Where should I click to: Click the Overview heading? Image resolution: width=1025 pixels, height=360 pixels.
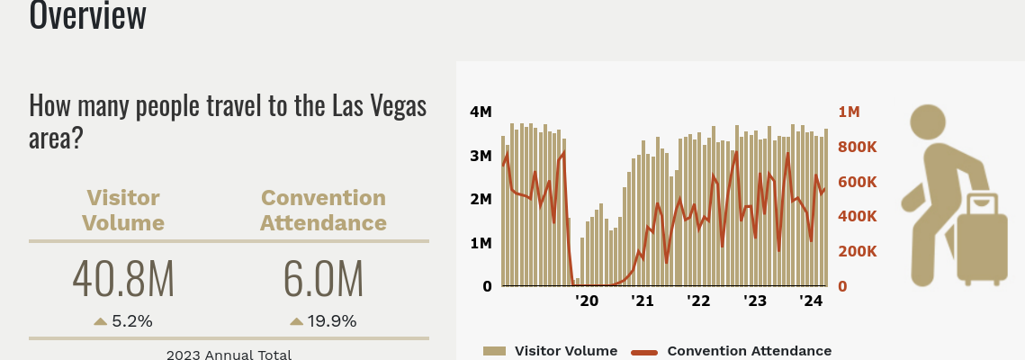[87, 14]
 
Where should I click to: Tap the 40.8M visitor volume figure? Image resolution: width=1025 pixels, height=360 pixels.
[123, 280]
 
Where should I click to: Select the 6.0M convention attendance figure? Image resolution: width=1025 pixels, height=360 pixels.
[323, 280]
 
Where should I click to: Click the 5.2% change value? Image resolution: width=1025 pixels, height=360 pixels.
[132, 321]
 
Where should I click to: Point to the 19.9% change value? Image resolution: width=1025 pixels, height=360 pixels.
[333, 321]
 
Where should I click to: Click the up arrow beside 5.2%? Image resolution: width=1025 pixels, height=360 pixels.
[100, 321]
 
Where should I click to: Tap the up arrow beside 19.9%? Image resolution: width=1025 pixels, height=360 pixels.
[296, 321]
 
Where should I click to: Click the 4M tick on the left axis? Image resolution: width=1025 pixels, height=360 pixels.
[481, 112]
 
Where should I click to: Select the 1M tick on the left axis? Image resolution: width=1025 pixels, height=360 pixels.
[481, 243]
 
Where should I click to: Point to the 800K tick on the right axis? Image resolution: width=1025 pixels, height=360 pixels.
[857, 147]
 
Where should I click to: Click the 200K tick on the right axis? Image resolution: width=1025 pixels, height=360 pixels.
[857, 251]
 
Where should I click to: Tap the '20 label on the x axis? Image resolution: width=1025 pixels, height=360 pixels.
[586, 301]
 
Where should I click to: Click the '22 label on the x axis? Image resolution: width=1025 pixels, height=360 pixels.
[698, 301]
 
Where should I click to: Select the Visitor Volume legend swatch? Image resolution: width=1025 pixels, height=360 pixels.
[495, 351]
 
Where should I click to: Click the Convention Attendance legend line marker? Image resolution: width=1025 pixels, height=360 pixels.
[644, 351]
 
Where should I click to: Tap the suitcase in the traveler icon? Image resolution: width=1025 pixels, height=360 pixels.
[981, 238]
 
